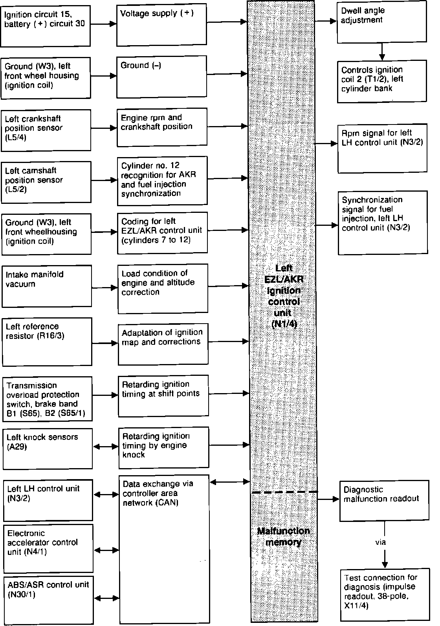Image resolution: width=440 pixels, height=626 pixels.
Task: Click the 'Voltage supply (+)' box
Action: pos(161,26)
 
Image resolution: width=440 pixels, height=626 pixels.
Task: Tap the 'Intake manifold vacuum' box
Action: pos(47,286)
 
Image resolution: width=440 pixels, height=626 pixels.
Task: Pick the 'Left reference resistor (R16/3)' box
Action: pos(47,341)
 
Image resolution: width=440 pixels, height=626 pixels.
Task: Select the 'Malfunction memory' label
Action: pos(284,536)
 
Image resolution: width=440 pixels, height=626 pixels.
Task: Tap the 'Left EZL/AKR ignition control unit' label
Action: pos(284,296)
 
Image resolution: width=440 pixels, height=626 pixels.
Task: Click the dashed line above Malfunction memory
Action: pos(284,492)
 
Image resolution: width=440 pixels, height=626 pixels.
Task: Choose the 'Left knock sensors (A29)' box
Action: pos(48,448)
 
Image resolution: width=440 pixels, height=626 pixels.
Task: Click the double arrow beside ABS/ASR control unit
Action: pos(106,598)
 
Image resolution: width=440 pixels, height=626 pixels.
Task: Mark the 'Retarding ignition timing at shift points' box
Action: pos(163,395)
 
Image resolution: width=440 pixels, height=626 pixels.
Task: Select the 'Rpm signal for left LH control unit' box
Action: pos(383,148)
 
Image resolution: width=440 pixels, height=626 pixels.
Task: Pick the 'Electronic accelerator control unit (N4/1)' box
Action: pos(48,548)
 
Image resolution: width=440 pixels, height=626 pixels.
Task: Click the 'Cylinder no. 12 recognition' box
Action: pos(162,181)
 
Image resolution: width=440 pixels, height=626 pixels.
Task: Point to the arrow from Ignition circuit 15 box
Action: pos(103,24)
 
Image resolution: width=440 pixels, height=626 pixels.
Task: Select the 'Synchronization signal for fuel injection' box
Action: pos(383,222)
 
